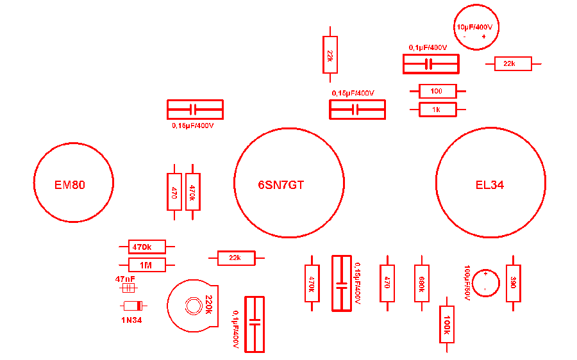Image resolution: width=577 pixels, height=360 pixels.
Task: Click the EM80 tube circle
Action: coord(73,183)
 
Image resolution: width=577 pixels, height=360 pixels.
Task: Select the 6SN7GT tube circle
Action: coord(288,183)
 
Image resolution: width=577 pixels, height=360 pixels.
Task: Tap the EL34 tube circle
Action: coord(490,183)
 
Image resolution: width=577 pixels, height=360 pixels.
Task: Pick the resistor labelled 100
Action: coord(437,91)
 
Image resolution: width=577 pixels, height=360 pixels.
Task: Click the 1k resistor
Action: coord(437,110)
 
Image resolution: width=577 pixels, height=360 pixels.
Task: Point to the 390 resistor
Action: coord(513,283)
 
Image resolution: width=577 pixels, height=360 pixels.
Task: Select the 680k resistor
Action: coord(421,283)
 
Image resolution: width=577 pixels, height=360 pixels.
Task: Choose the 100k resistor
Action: coord(447,324)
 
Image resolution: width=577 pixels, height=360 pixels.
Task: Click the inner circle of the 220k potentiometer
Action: coord(192,306)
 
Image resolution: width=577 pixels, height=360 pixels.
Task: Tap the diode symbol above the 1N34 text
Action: coord(131,306)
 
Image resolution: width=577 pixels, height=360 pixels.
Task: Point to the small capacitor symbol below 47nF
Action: coord(128,288)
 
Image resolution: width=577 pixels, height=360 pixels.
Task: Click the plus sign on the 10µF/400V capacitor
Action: coord(483,37)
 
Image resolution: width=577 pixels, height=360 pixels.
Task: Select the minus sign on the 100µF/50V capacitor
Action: coord(485,290)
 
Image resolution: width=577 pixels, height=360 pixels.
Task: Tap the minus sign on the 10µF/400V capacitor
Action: coord(465,37)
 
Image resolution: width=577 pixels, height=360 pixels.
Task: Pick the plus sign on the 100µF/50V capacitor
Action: coord(485,274)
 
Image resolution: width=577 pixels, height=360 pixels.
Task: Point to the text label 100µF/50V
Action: coord(467,282)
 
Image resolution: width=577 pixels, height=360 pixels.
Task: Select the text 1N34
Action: coord(131,320)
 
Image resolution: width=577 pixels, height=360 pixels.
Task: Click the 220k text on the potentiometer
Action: coord(208,305)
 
